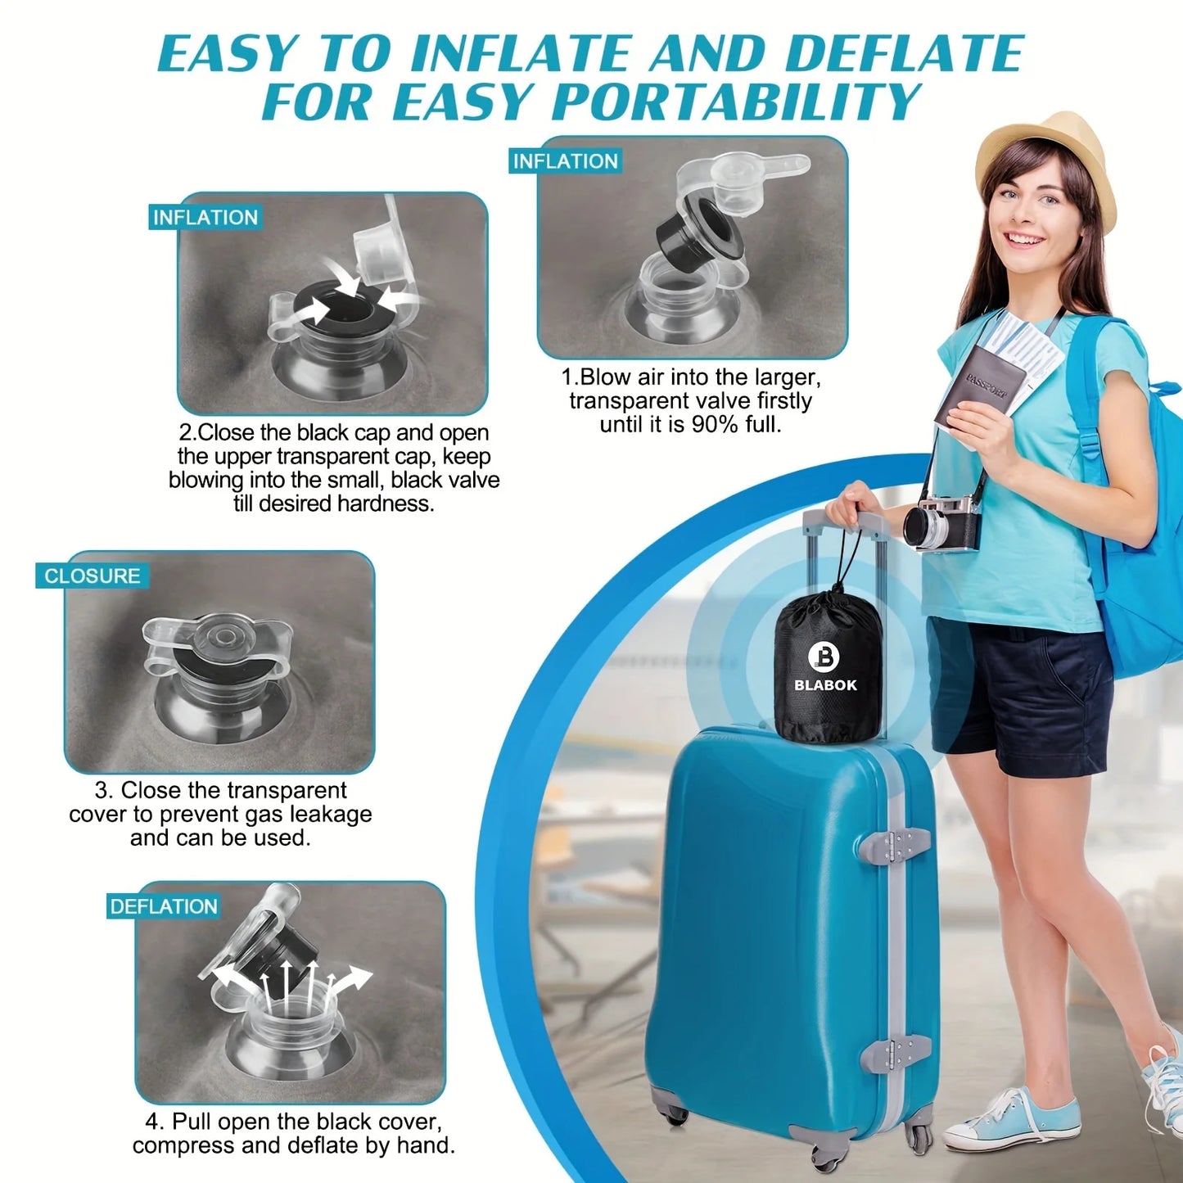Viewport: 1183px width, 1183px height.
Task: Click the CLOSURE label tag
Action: pyautogui.click(x=92, y=576)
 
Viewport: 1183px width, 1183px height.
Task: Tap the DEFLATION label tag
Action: pyautogui.click(x=164, y=906)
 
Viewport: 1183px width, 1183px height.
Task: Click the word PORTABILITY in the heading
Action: pyautogui.click(x=736, y=102)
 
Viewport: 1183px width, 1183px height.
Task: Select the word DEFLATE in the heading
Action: pyautogui.click(x=904, y=54)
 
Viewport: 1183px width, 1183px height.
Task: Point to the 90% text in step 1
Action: pyautogui.click(x=715, y=424)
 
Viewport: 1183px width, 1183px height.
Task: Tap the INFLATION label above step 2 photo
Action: pyautogui.click(x=205, y=218)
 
